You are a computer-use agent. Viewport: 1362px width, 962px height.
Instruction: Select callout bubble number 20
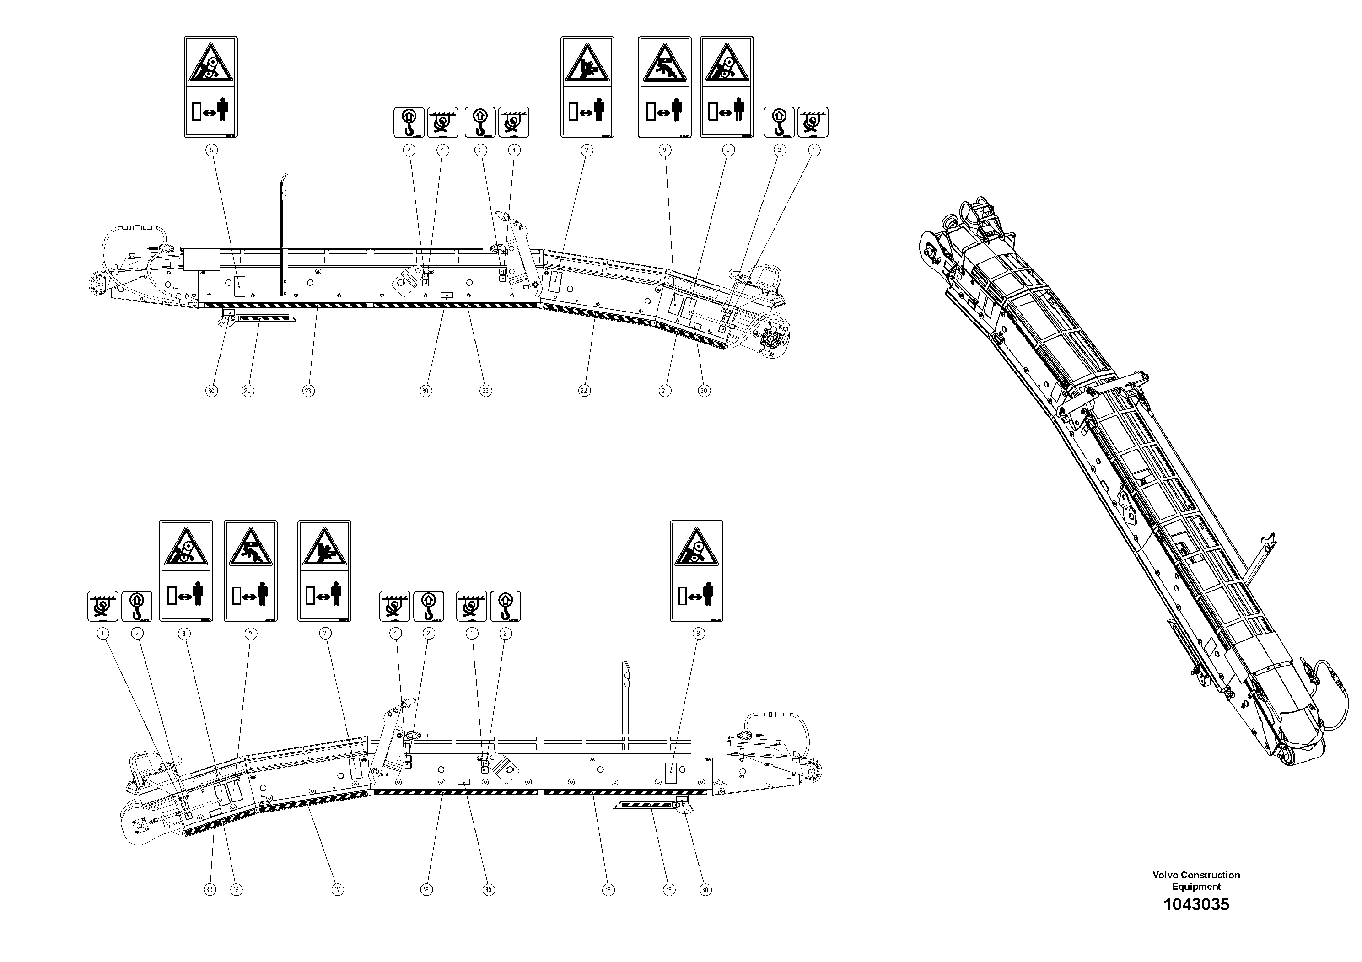248,391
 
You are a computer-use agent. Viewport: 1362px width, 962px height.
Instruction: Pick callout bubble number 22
584,391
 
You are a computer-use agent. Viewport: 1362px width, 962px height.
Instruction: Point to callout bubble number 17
338,890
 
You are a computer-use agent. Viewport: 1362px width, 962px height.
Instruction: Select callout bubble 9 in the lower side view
250,634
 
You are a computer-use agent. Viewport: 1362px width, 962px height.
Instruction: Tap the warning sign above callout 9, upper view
664,86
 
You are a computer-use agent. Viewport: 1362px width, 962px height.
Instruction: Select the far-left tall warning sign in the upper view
210,86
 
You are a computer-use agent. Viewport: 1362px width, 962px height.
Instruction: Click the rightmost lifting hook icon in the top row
779,122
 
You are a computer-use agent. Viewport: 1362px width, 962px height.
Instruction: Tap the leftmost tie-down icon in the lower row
102,606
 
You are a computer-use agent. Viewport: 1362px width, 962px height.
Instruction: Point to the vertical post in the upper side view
282,237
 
